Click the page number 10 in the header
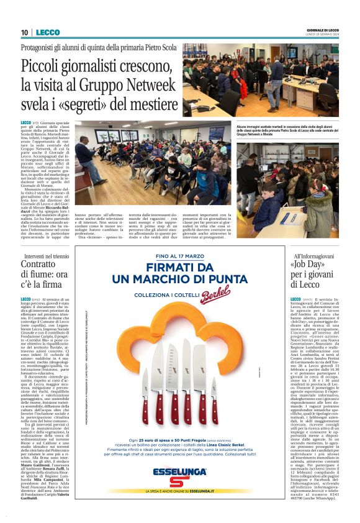(24, 32)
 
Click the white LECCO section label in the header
(48, 32)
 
